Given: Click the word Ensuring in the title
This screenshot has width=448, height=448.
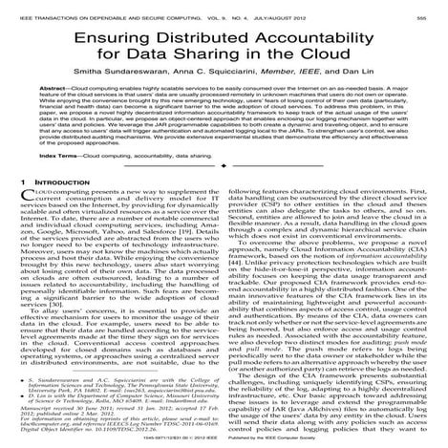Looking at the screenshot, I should (x=129, y=39).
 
